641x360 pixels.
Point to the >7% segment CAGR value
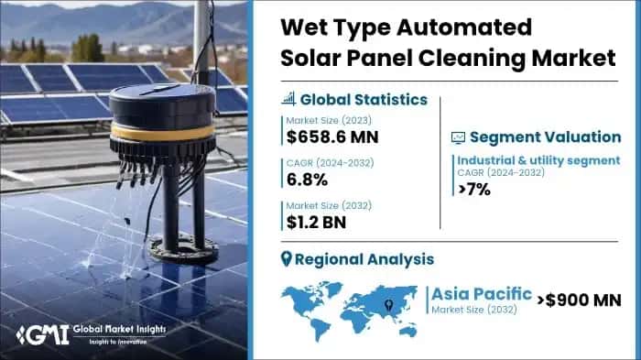475,191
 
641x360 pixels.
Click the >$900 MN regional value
578,299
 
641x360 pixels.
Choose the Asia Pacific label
482,294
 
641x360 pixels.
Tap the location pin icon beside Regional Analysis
287,259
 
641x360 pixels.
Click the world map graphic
353,302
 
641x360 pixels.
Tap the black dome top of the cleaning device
161,103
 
